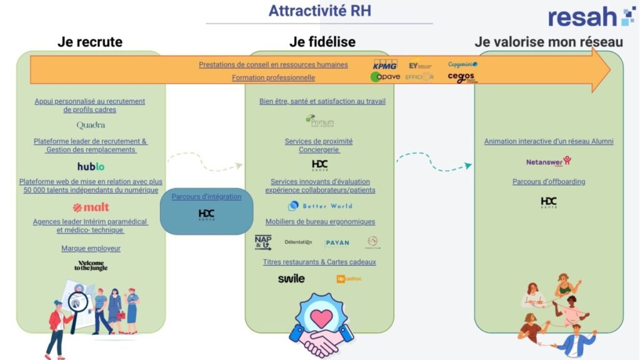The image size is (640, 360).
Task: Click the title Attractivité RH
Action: coord(319,11)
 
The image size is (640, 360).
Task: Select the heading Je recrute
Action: coord(90,42)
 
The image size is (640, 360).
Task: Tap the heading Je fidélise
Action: coord(322,42)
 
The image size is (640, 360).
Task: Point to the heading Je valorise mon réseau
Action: coord(549,42)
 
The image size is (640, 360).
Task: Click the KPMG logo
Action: coord(385,65)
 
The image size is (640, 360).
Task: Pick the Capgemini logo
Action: coord(462,64)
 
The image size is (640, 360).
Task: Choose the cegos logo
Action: coord(461,77)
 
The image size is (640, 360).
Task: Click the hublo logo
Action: coord(91,166)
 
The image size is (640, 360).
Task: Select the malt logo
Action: coord(91,207)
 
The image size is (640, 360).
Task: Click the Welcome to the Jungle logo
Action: coord(91,266)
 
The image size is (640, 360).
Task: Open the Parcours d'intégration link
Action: coord(206,196)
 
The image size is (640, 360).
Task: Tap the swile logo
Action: coord(291,278)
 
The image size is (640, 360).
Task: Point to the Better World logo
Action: coord(320,206)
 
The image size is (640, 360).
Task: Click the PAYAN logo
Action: coord(337,242)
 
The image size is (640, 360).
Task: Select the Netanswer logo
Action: coord(548,161)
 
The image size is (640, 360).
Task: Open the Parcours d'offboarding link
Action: coord(549,182)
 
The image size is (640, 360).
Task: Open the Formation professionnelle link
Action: coord(273,78)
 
